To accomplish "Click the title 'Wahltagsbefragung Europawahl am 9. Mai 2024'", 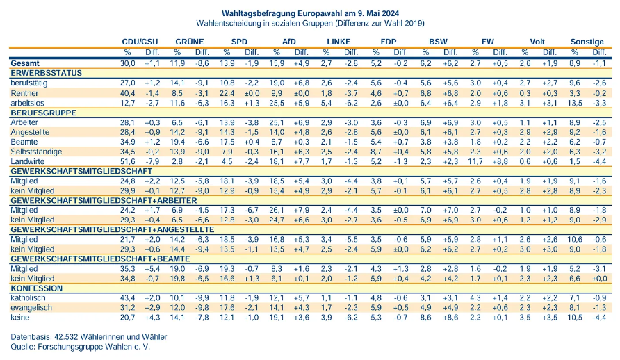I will [309, 13].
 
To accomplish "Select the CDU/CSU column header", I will [138, 42].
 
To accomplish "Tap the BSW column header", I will [438, 42].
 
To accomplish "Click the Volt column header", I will [537, 42].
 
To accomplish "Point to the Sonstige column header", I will [587, 42].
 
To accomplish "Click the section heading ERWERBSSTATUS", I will [47, 72].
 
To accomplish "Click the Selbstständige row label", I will [35, 151].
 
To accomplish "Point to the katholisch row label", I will [28, 297].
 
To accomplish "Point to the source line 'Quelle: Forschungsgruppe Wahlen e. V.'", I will [81, 346].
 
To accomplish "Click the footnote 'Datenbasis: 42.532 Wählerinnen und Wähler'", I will [89, 336].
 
